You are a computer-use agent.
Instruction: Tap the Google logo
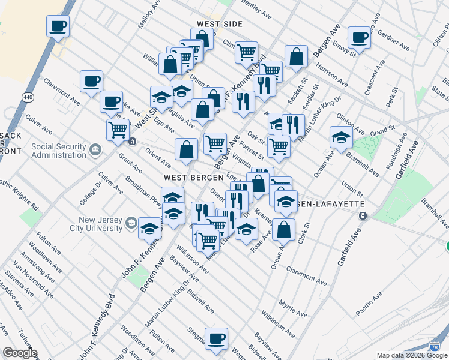(x=19, y=353)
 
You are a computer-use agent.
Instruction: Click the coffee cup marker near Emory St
(x=360, y=37)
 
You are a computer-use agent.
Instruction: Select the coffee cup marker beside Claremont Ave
(x=91, y=82)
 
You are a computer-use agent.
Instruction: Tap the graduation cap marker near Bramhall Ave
(x=340, y=137)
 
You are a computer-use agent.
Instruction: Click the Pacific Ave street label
(x=368, y=304)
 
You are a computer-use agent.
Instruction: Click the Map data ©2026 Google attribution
(x=412, y=355)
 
